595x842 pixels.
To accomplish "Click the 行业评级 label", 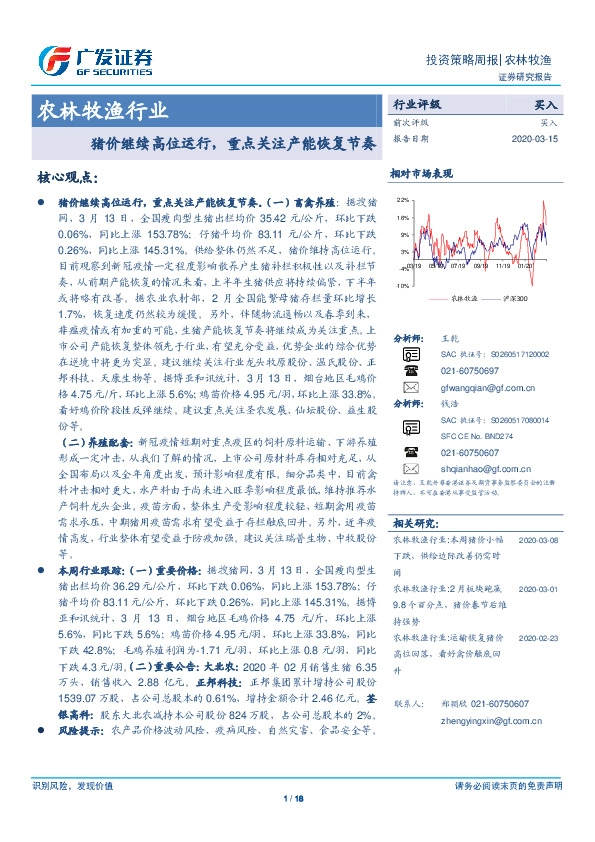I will pyautogui.click(x=417, y=103).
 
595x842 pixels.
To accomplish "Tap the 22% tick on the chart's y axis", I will pyautogui.click(x=403, y=200).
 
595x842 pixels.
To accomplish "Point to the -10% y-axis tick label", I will pyautogui.click(x=402, y=285).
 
